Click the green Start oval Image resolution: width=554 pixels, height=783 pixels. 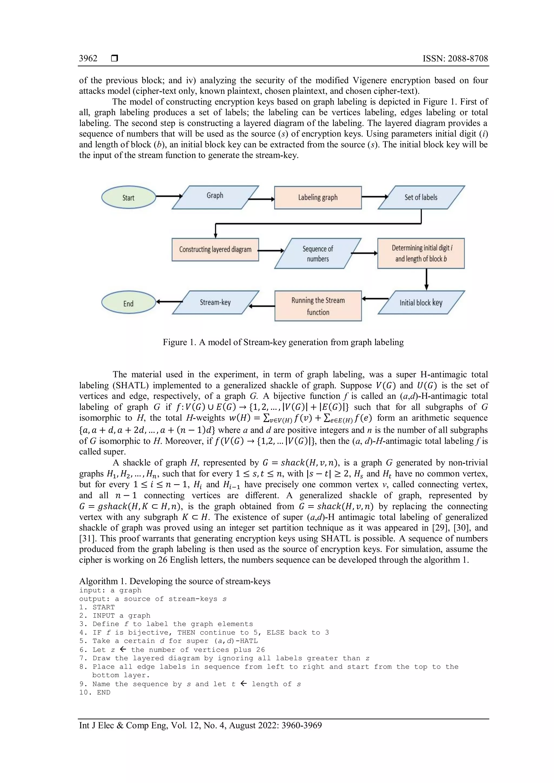point(128,197)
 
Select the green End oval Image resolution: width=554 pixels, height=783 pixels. point(128,303)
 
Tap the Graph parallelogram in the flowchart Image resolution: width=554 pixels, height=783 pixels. point(215,197)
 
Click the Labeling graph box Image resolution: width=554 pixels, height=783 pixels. point(318,197)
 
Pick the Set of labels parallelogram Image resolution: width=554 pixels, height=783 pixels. point(421,197)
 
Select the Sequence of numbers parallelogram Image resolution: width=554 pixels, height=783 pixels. point(318,253)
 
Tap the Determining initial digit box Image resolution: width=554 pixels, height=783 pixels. point(421,253)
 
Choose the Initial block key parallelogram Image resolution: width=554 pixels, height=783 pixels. point(421,303)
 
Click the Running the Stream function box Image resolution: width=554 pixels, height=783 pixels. point(318,306)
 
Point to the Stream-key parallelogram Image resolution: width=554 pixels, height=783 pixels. point(215,302)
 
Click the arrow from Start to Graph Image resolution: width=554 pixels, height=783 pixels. point(169,196)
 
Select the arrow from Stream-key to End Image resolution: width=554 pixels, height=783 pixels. point(169,301)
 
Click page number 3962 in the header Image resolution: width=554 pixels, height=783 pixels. point(88,58)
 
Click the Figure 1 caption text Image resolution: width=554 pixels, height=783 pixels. point(283,342)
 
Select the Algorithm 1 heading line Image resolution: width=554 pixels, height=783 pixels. point(175,581)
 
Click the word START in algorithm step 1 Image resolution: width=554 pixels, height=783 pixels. point(104,607)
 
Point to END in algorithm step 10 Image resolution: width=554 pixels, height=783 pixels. point(104,692)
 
